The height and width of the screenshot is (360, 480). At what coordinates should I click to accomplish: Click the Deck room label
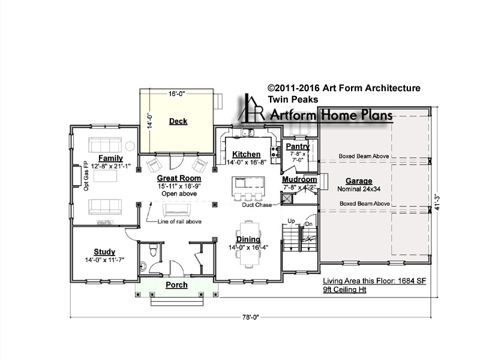point(178,121)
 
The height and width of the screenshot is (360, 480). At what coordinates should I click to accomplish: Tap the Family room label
point(110,158)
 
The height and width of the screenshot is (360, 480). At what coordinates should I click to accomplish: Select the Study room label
point(104,252)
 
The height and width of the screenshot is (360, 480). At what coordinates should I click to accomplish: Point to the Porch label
point(176,285)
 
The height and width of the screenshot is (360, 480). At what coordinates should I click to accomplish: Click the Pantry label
point(298,146)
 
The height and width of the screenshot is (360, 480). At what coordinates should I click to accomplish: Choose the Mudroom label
point(299,179)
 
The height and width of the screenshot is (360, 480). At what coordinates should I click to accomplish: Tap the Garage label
point(359,181)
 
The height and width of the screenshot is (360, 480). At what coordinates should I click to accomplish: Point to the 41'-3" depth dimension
point(438,203)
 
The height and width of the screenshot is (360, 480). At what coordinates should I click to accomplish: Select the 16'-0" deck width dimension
point(176,94)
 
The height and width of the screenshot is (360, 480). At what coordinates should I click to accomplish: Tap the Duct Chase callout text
point(257,205)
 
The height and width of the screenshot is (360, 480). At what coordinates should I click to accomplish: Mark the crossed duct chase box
point(287,199)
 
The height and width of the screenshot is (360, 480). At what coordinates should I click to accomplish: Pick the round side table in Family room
point(130,146)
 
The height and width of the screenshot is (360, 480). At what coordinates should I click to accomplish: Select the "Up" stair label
point(291,221)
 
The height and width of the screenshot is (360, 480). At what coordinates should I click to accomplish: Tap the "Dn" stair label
point(308,224)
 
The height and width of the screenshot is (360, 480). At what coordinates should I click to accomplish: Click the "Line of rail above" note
point(179,221)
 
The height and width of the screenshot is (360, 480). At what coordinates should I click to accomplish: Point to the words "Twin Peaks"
point(293,100)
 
